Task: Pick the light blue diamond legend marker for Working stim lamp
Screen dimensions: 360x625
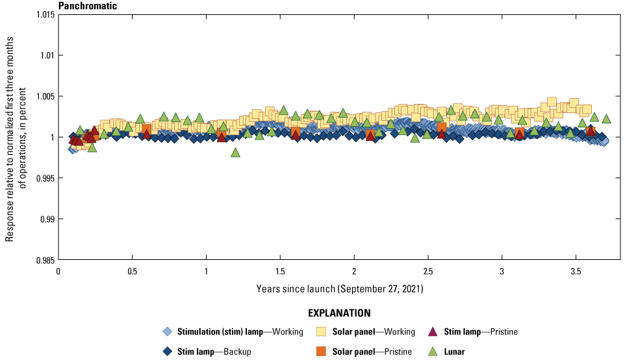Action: tap(168, 332)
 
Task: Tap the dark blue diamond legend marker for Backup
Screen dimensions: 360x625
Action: tap(168, 352)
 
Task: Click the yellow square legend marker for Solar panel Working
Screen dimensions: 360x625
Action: tap(320, 332)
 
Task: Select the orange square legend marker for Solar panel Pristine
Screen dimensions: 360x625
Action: tap(320, 352)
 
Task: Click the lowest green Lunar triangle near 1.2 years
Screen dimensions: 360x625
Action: tap(235, 153)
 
